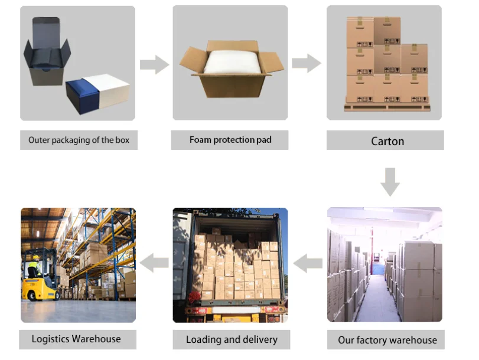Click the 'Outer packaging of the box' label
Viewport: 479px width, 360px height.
pyautogui.click(x=79, y=140)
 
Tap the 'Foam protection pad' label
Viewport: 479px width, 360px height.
pyautogui.click(x=230, y=140)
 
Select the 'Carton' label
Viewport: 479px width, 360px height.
pyautogui.click(x=387, y=141)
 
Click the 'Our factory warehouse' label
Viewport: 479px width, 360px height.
pyautogui.click(x=387, y=340)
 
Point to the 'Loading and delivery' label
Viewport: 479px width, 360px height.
pyautogui.click(x=232, y=339)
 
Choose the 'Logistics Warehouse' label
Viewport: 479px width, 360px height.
pyautogui.click(x=76, y=339)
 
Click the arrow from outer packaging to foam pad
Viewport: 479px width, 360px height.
pyautogui.click(x=154, y=64)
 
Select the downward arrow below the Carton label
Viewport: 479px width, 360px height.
pyautogui.click(x=390, y=181)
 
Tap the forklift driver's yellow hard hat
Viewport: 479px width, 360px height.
pyautogui.click(x=35, y=258)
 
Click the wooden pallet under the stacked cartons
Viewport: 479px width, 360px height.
pyautogui.click(x=387, y=107)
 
